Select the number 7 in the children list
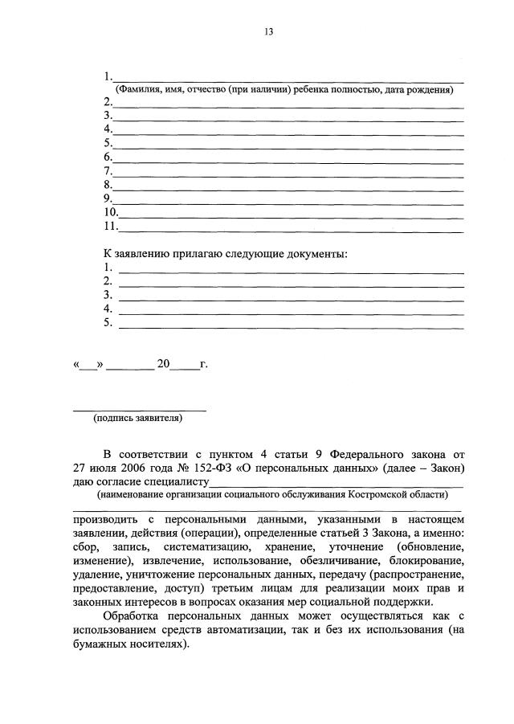click(x=108, y=171)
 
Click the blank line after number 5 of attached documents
click(x=291, y=326)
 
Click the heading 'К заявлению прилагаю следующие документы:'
click(x=226, y=254)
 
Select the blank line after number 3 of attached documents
click(x=291, y=298)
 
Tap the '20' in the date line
click(x=164, y=364)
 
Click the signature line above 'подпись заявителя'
click(x=140, y=410)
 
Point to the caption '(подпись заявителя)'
click(x=137, y=418)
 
